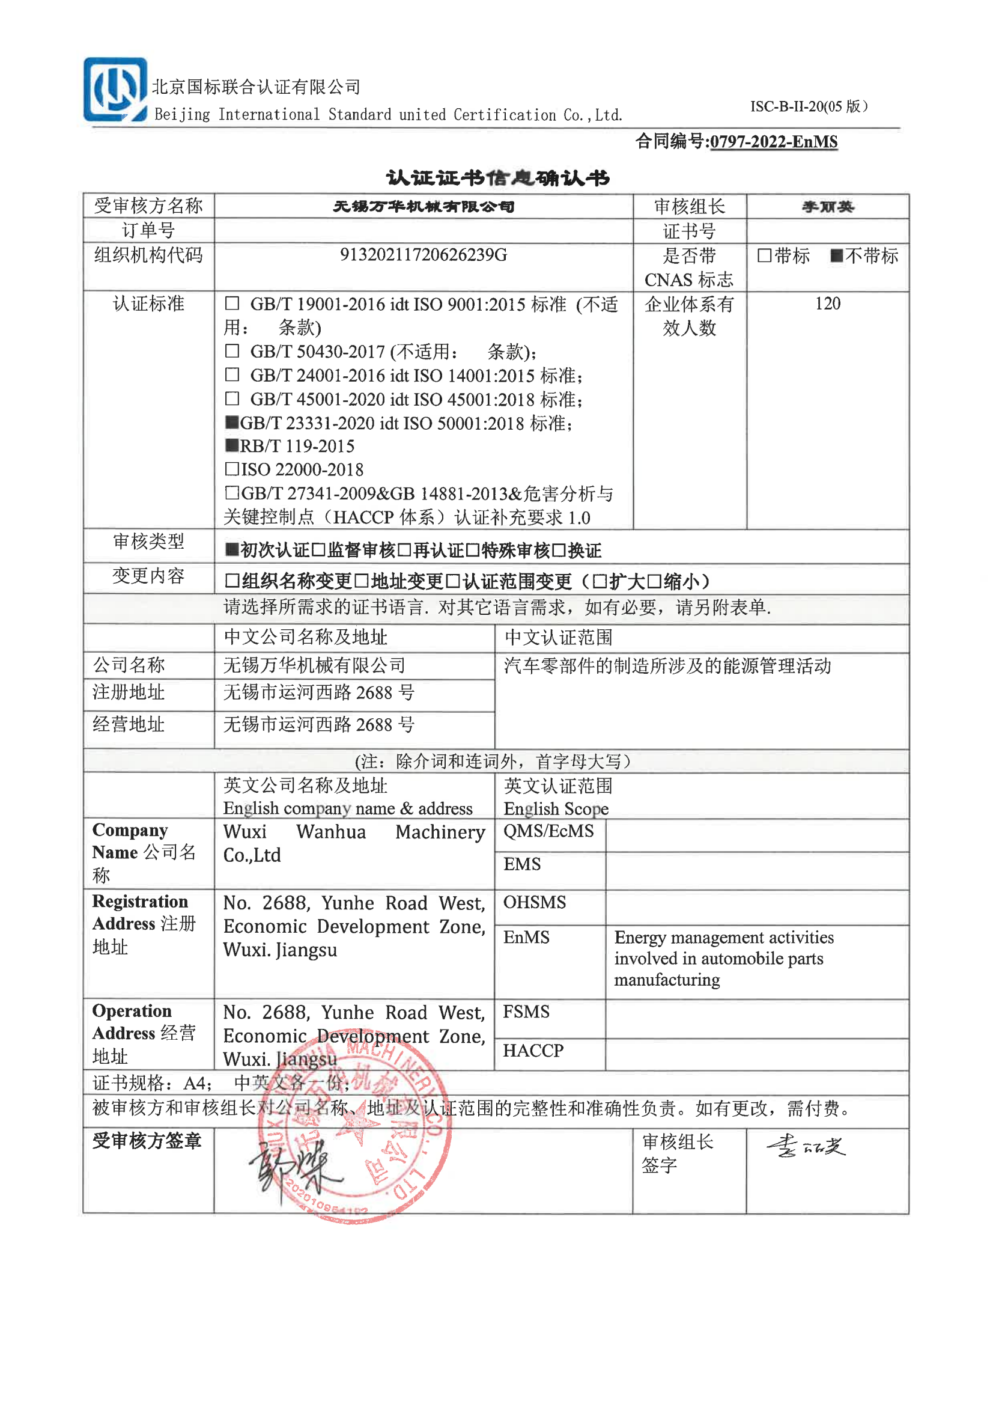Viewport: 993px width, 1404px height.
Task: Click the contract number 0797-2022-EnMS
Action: (x=774, y=142)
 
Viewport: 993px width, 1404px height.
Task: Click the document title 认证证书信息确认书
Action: (x=497, y=178)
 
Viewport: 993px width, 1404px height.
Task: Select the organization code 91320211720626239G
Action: (x=423, y=255)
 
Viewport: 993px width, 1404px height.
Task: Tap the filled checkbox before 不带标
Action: (x=836, y=255)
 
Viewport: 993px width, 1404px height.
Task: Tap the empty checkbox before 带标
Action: (x=764, y=255)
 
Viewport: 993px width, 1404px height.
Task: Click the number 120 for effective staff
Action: (x=827, y=304)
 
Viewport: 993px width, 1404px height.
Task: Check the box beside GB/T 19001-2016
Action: (x=232, y=304)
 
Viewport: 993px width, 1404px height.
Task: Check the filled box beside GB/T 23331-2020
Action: (x=232, y=422)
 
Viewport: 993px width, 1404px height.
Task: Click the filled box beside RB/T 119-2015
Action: (x=232, y=445)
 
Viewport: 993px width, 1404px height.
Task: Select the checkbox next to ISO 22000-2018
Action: (x=232, y=469)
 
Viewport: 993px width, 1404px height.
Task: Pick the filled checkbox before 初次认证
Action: (x=232, y=550)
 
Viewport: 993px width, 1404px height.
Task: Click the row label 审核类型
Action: (x=148, y=542)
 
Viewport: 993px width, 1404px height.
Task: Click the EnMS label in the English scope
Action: (x=526, y=938)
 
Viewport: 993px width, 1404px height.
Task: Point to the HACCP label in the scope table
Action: (x=533, y=1051)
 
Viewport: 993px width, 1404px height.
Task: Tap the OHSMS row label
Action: (x=535, y=903)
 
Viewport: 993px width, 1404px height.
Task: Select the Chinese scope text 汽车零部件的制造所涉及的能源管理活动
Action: (x=667, y=666)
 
